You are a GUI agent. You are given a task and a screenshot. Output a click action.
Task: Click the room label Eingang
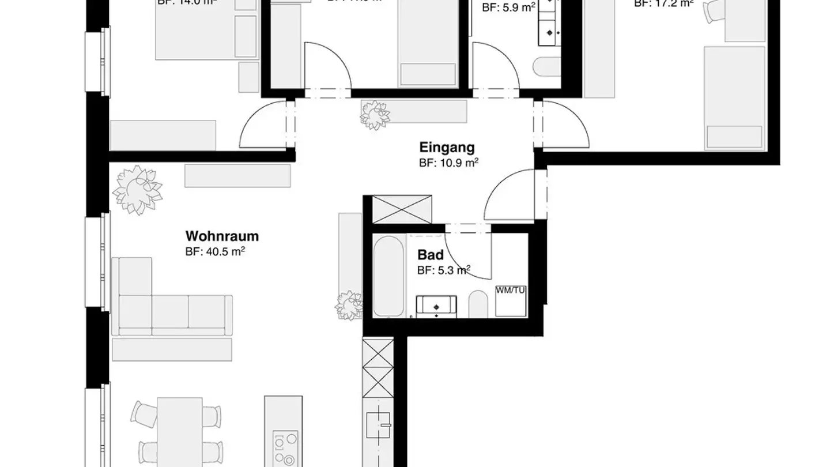[x=447, y=147]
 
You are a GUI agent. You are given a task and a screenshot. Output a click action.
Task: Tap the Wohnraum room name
[x=222, y=236]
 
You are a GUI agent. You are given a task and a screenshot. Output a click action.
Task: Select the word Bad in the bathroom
[x=431, y=255]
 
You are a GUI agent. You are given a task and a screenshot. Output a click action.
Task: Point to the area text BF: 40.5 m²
[x=215, y=251]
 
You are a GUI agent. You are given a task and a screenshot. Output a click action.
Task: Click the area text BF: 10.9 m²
[x=449, y=163]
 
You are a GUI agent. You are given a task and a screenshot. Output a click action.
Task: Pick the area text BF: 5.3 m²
[x=444, y=270]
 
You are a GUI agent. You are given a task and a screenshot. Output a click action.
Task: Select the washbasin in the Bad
[x=436, y=306]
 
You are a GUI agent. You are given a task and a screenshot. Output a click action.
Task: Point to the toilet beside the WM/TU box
[x=478, y=304]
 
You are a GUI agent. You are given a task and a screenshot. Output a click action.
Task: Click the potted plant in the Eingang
[x=375, y=114]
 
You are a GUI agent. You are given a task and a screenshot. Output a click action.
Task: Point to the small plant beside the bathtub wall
[x=349, y=306]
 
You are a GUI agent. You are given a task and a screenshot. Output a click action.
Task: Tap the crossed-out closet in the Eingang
[x=402, y=209]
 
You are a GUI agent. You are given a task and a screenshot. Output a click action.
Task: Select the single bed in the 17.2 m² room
[x=734, y=98]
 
